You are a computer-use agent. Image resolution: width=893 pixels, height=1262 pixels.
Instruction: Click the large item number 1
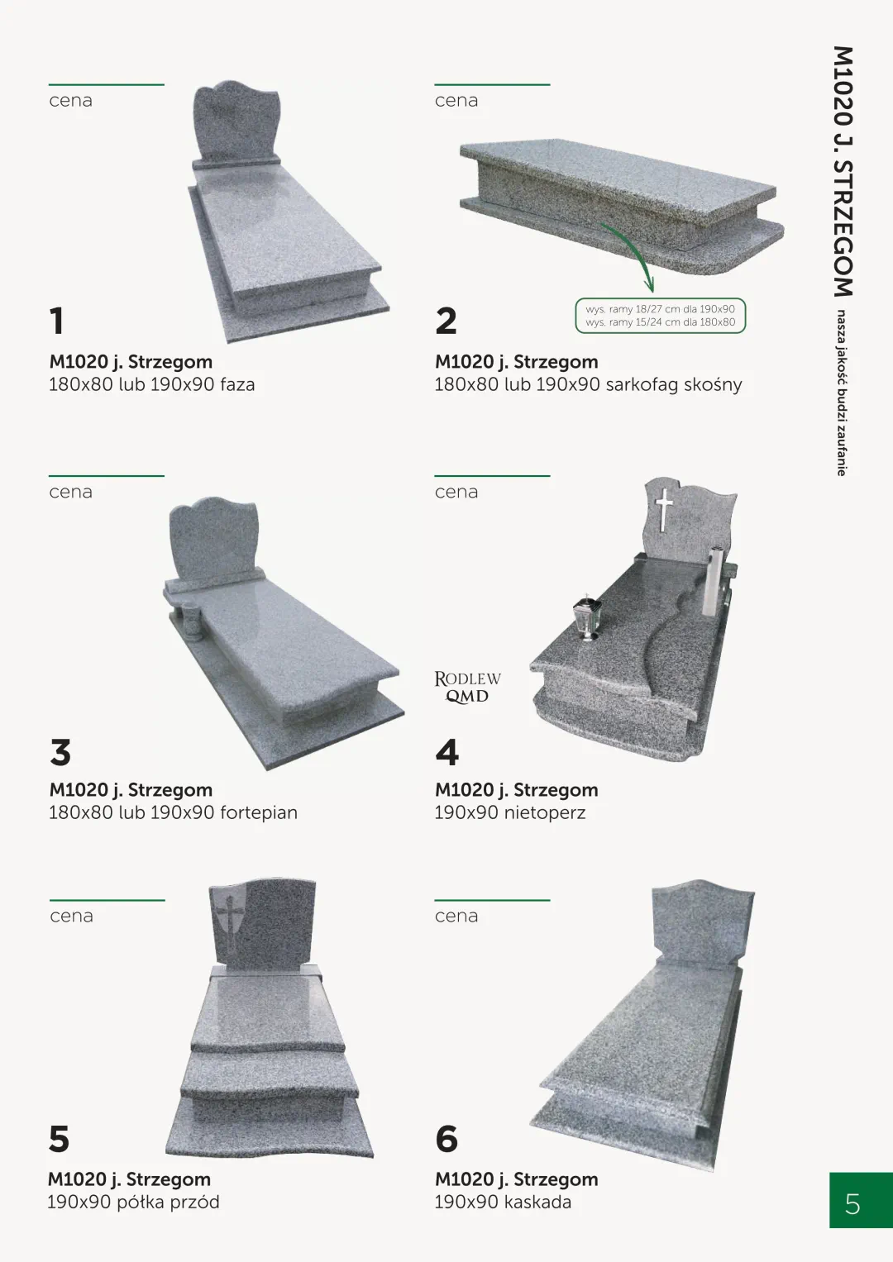click(x=56, y=321)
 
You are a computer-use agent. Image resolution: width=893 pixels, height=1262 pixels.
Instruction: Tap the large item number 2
click(x=446, y=321)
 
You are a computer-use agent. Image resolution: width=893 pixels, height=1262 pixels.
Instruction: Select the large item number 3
click(x=60, y=752)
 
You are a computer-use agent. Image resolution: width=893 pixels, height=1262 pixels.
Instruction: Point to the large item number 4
click(x=447, y=752)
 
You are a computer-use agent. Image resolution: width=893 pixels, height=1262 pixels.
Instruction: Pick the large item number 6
click(x=446, y=1139)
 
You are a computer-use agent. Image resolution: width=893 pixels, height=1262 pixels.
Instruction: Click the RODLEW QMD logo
click(x=467, y=688)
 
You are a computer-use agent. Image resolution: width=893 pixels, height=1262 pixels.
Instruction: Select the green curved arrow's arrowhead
click(x=650, y=284)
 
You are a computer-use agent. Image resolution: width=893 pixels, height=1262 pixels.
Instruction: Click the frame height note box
click(x=660, y=316)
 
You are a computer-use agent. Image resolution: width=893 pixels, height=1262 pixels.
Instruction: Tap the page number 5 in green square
click(x=852, y=1204)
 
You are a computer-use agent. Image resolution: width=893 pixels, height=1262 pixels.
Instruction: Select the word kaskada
click(x=537, y=1202)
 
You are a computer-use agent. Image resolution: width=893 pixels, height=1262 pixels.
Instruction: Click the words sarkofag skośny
click(x=674, y=384)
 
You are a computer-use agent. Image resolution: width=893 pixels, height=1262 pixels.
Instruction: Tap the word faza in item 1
click(x=237, y=384)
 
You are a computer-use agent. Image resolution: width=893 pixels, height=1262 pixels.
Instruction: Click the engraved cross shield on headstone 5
click(x=230, y=916)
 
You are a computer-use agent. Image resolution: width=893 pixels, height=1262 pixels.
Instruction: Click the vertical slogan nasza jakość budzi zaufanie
click(x=841, y=393)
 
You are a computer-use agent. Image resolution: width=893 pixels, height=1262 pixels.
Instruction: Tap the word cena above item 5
click(x=72, y=916)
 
